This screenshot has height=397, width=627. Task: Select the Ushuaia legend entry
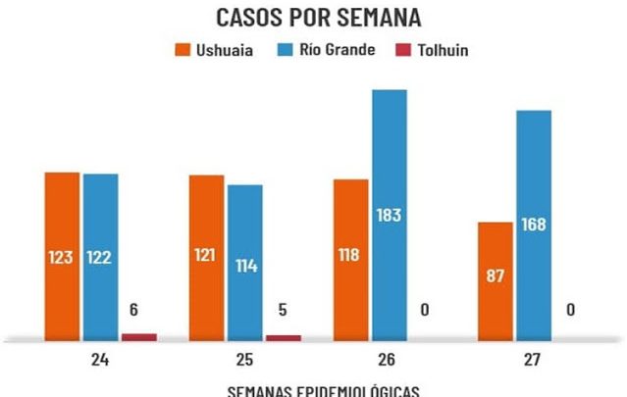tap(213, 50)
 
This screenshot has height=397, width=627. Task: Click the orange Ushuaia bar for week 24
tap(62, 255)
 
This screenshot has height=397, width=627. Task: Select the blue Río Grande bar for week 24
tap(100, 255)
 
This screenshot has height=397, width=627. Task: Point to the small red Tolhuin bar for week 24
tap(138, 336)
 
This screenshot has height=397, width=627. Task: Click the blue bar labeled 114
tap(244, 262)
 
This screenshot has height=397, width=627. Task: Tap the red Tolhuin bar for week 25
tap(283, 337)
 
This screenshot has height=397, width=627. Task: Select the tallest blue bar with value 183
tap(389, 215)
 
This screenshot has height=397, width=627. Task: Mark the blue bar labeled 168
tap(533, 224)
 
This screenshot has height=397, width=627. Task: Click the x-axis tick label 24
tap(99, 360)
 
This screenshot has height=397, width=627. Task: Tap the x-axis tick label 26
tap(389, 360)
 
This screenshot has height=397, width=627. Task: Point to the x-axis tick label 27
tap(533, 360)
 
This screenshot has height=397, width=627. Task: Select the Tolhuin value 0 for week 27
tap(570, 310)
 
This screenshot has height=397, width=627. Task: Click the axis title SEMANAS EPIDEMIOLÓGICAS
tap(323, 390)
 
